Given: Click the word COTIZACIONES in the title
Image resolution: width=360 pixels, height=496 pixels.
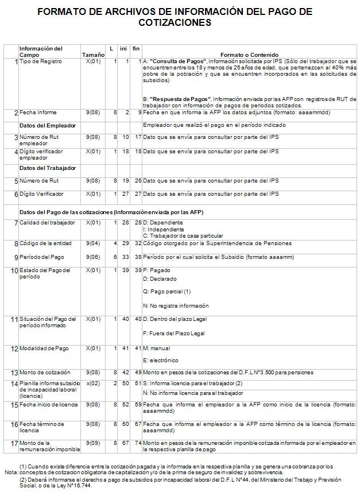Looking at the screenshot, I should (175, 23).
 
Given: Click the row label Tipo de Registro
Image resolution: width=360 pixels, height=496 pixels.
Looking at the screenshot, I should (40, 61).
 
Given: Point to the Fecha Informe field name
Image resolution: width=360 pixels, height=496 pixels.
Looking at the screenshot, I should (38, 113).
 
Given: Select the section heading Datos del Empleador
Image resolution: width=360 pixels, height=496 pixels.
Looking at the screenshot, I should (48, 125).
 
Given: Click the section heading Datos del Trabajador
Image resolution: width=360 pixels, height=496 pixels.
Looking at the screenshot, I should (48, 168).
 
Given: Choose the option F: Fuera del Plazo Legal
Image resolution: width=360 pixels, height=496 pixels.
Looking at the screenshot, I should (173, 333).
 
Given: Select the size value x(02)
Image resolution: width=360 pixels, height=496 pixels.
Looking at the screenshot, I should (92, 383).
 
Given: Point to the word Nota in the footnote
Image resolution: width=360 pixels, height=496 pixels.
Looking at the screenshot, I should (11, 472).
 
